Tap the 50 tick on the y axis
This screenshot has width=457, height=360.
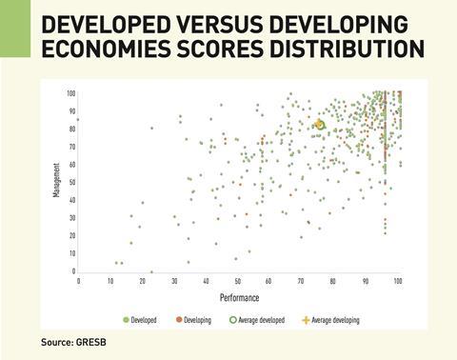coord(70,182)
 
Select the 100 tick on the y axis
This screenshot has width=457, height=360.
coord(70,92)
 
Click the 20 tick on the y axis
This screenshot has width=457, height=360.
coord(70,235)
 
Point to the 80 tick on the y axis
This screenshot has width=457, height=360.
coord(70,129)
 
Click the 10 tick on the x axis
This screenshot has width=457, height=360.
coord(110,281)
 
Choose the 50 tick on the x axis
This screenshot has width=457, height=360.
coord(238,281)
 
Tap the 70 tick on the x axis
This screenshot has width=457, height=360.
coord(302,281)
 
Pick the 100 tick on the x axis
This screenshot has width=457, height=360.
coord(397,281)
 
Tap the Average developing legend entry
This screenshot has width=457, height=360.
coord(333,320)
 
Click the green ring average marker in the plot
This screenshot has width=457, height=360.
coord(320,124)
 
